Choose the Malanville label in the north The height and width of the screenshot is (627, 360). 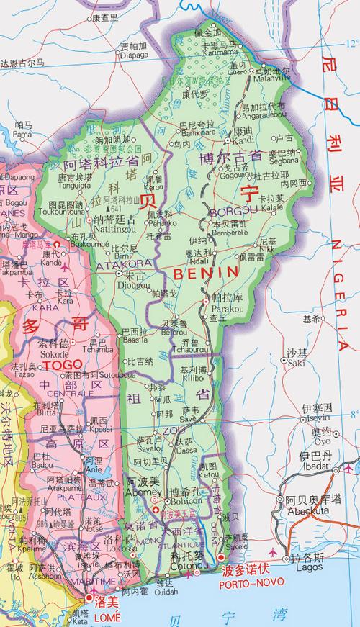click(x=274, y=78)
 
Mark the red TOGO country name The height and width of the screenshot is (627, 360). click(x=63, y=365)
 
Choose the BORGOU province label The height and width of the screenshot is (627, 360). click(x=229, y=212)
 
